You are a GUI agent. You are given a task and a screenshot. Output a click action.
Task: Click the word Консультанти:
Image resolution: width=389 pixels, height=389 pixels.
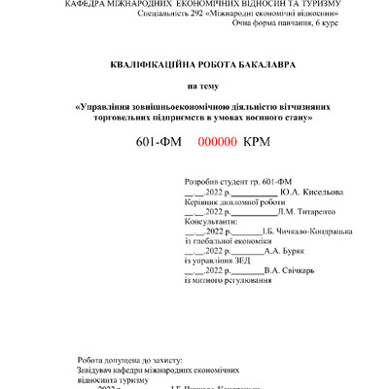211,222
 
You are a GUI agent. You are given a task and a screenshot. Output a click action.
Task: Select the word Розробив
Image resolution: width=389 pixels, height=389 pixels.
200,183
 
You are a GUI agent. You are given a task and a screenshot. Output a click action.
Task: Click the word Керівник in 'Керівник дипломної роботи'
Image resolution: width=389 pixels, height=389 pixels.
200,201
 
